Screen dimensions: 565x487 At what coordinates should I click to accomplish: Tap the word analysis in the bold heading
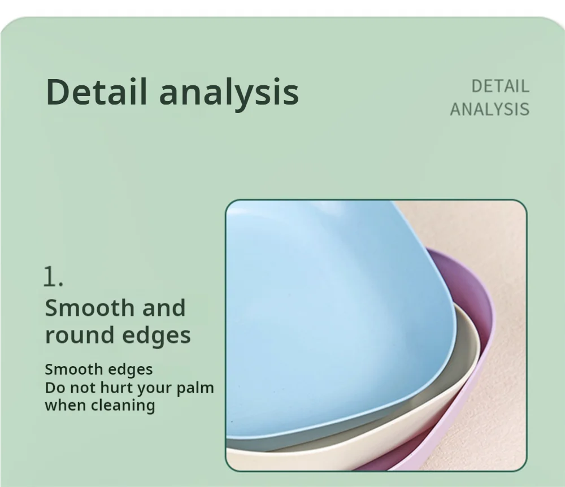(229, 94)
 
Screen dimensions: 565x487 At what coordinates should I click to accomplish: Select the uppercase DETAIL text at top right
(500, 86)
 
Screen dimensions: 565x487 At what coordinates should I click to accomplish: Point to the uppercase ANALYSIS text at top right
(490, 109)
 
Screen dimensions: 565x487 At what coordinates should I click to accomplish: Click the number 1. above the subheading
(53, 277)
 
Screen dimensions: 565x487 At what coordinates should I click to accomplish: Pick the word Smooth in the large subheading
(90, 308)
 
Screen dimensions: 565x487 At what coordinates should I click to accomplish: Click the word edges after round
(157, 336)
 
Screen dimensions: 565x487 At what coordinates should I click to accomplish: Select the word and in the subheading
(164, 308)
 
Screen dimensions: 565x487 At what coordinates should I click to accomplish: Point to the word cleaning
(123, 406)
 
